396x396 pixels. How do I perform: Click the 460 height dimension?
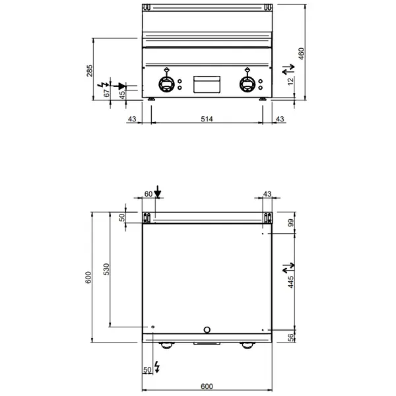[x=301, y=53]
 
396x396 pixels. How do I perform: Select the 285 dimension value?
[x=90, y=70]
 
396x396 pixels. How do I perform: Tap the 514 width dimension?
[x=207, y=119]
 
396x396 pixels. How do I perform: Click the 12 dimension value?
[x=291, y=81]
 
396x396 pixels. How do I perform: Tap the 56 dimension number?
[x=290, y=337]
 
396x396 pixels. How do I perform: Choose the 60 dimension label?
[x=148, y=193]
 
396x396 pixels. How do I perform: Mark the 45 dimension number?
[x=122, y=94]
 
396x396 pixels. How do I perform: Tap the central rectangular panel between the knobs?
[x=206, y=84]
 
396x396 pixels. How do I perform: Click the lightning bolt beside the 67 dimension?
[x=103, y=85]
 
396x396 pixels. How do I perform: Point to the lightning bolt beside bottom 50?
[x=156, y=366]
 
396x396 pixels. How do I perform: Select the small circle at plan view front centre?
[x=207, y=329]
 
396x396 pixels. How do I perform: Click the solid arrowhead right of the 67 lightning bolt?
[x=120, y=85]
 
